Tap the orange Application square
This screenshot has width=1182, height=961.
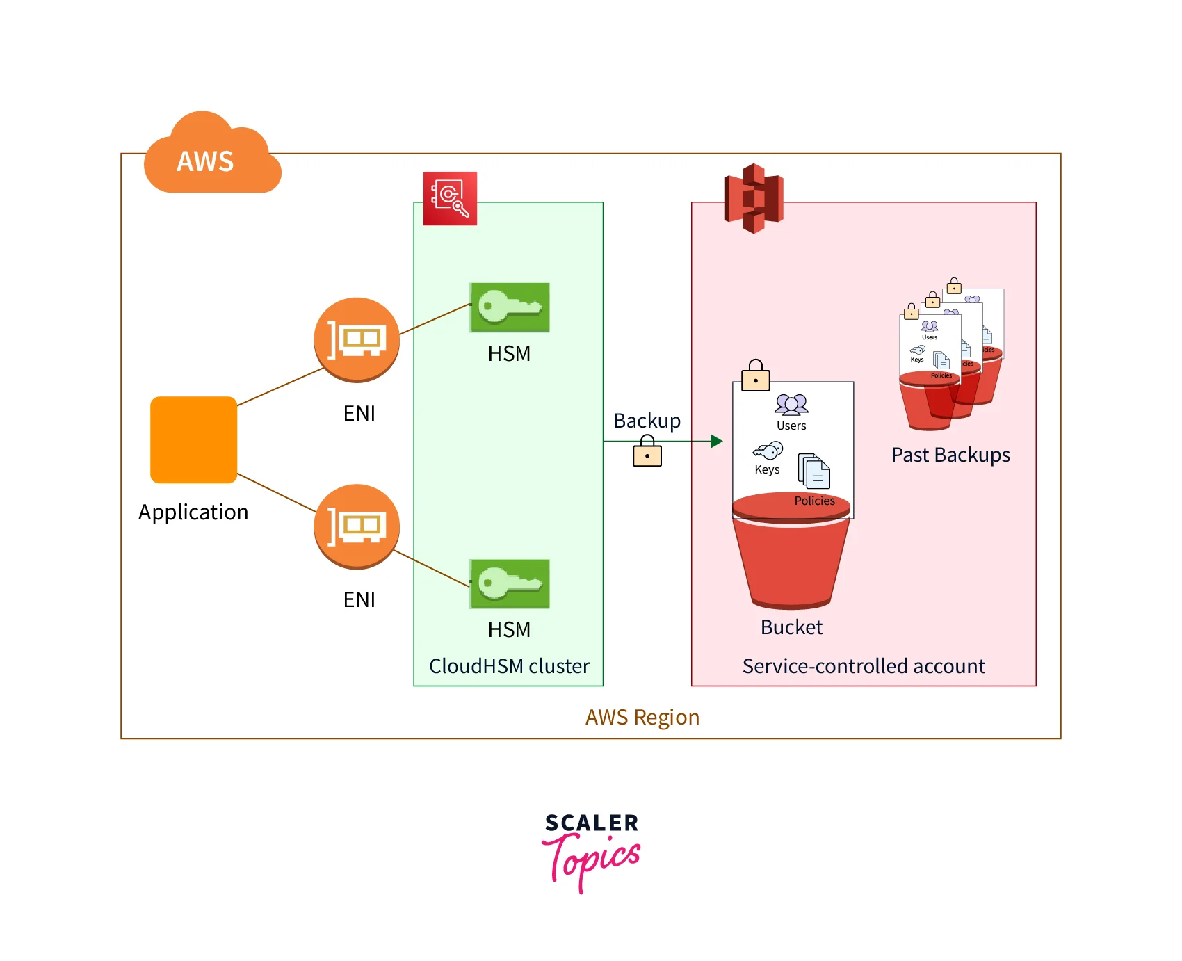pyautogui.click(x=193, y=439)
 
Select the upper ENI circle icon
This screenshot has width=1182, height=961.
pyautogui.click(x=357, y=339)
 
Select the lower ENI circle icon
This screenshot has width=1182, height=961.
pyautogui.click(x=357, y=526)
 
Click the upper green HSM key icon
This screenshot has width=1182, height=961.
pyautogui.click(x=510, y=307)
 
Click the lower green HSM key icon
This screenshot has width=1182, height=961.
pyautogui.click(x=510, y=583)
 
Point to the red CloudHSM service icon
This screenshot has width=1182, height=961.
pyautogui.click(x=450, y=198)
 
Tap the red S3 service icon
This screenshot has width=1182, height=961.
pyautogui.click(x=754, y=198)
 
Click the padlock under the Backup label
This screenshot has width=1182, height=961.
pyautogui.click(x=647, y=451)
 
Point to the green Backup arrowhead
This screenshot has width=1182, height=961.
pyautogui.click(x=717, y=441)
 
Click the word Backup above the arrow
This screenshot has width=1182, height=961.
pyautogui.click(x=647, y=421)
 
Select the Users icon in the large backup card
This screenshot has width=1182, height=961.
pyautogui.click(x=791, y=404)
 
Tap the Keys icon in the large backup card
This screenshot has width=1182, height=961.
pyautogui.click(x=768, y=451)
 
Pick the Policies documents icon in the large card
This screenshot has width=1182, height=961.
pyautogui.click(x=814, y=471)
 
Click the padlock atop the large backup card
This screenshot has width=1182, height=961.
pyautogui.click(x=756, y=376)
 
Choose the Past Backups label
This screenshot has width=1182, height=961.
pyautogui.click(x=950, y=455)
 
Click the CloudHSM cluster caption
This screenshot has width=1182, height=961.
pyautogui.click(x=509, y=666)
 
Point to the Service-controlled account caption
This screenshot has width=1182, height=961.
pyautogui.click(x=864, y=666)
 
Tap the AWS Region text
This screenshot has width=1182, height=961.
pyautogui.click(x=642, y=717)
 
